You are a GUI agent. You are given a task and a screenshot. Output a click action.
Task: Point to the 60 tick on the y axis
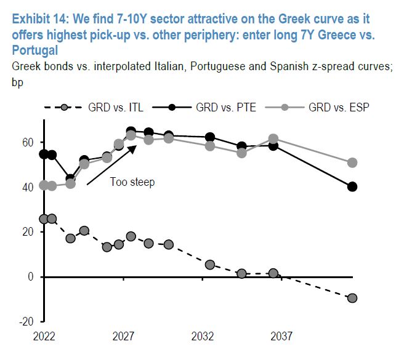tap(29, 142)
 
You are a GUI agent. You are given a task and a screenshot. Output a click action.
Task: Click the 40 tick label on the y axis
tap(29, 187)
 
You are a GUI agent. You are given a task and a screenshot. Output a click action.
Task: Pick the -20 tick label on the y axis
tap(27, 321)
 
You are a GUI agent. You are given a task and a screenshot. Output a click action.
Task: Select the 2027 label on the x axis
tap(123, 337)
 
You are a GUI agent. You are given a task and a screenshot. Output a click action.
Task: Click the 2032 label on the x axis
tap(203, 337)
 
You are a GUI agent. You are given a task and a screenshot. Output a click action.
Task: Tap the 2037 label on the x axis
tap(281, 337)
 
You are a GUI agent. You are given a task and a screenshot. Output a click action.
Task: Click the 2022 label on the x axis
tap(44, 337)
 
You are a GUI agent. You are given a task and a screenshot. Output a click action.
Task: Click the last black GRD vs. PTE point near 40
tap(352, 186)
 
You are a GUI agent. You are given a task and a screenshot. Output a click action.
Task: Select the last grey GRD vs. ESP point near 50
tap(352, 162)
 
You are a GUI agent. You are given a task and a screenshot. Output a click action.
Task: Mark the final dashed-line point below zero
tap(352, 298)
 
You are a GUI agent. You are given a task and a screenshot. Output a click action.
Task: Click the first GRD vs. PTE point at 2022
tap(44, 154)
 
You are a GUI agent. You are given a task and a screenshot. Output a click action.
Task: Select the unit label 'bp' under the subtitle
tap(16, 81)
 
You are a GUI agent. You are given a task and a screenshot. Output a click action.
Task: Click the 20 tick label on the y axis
tap(29, 232)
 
